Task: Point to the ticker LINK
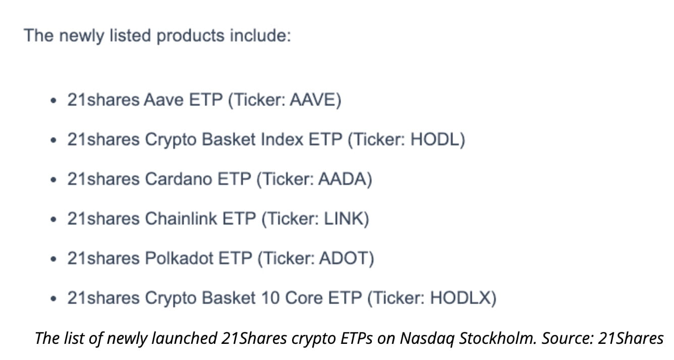[344, 219]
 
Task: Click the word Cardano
[179, 179]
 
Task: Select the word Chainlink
[183, 219]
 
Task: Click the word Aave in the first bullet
[164, 100]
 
